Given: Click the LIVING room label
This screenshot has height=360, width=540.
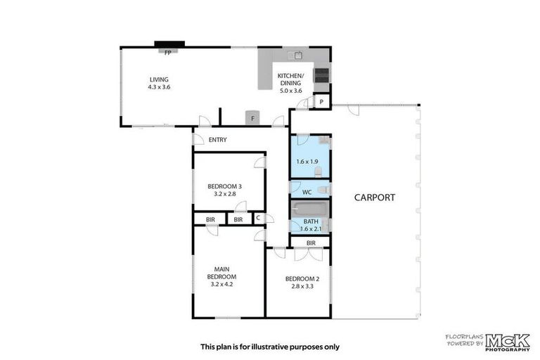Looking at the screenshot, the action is pyautogui.click(x=159, y=79).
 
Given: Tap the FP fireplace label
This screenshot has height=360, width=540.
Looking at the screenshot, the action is pyautogui.click(x=168, y=53).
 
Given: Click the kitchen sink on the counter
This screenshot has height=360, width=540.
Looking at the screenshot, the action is pyautogui.click(x=295, y=55).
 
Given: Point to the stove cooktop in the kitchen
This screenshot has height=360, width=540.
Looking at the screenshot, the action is pyautogui.click(x=321, y=75).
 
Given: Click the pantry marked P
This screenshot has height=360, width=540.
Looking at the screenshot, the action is pyautogui.click(x=321, y=102).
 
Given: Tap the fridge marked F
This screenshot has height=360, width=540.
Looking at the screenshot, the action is pyautogui.click(x=253, y=118).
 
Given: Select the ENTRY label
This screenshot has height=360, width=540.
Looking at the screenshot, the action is pyautogui.click(x=218, y=139).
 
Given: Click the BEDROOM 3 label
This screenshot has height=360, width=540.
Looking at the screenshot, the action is pyautogui.click(x=224, y=186).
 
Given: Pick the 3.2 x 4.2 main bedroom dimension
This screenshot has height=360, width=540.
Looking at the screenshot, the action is pyautogui.click(x=221, y=284).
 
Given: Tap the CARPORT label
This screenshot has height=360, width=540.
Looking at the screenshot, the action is pyautogui.click(x=375, y=198).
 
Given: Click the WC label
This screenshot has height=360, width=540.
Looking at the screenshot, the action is pyautogui.click(x=307, y=192).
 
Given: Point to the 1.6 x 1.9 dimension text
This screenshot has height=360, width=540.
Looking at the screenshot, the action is pyautogui.click(x=307, y=161).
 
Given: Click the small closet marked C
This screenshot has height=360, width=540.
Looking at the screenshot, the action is pyautogui.click(x=258, y=218).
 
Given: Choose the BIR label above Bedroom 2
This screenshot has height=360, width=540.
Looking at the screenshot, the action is pyautogui.click(x=311, y=243).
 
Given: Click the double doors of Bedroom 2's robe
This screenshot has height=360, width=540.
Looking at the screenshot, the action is pyautogui.click(x=309, y=255).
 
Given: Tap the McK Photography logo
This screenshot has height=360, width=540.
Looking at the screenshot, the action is pyautogui.click(x=508, y=342).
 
